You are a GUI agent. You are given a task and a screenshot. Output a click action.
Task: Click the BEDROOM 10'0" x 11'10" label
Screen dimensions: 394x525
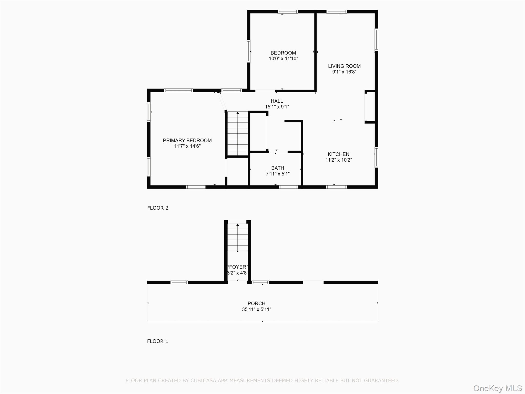283,56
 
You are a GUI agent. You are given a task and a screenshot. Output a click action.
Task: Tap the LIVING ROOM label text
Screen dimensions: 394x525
344,66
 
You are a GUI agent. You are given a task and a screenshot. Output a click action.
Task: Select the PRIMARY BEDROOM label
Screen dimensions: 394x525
187,141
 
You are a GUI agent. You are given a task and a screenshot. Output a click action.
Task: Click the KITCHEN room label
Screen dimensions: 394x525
338,154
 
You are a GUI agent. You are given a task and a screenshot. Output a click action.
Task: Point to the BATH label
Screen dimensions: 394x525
278,168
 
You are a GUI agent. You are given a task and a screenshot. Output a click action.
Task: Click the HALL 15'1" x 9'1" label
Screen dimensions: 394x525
277,104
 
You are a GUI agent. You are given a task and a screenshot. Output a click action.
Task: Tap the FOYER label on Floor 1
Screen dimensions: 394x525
238,267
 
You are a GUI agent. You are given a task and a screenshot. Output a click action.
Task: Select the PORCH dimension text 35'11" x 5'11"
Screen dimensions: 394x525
256,309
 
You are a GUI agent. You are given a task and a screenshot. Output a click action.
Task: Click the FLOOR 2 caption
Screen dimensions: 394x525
158,208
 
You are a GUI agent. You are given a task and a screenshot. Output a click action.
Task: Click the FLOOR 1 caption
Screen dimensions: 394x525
157,341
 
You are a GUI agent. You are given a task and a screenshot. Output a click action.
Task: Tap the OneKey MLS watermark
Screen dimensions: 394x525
497,388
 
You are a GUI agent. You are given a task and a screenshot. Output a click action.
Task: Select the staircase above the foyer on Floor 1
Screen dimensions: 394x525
238,237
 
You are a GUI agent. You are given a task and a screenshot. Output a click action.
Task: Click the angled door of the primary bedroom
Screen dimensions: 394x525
222,102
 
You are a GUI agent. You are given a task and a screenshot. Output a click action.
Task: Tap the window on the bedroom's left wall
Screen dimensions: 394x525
248,51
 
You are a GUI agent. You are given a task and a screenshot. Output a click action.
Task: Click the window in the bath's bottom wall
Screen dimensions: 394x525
288,187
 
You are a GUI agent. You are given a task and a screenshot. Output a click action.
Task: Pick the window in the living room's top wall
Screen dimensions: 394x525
337,12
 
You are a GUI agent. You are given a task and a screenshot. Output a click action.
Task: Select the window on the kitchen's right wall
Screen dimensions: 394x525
376,157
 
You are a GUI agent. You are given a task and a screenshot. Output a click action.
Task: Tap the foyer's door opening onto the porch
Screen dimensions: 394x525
238,282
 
